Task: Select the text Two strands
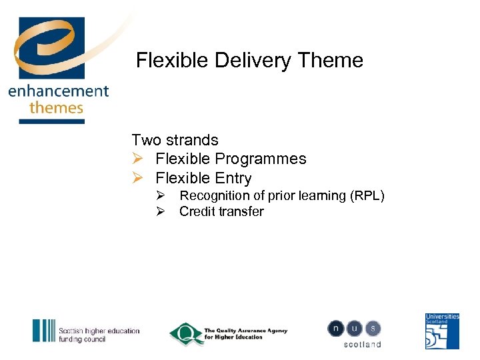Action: (x=175, y=140)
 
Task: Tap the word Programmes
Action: (x=265, y=159)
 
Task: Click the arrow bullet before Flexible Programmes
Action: (x=137, y=159)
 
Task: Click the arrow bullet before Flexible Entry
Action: (x=137, y=178)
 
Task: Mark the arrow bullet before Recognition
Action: (x=161, y=195)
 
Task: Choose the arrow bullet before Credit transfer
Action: (x=161, y=211)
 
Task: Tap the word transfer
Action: (x=242, y=211)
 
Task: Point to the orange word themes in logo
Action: (x=57, y=107)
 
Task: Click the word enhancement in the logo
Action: (x=58, y=91)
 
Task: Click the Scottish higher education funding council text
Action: (x=99, y=335)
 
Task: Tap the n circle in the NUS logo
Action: (x=336, y=329)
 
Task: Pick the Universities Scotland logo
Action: (x=443, y=331)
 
